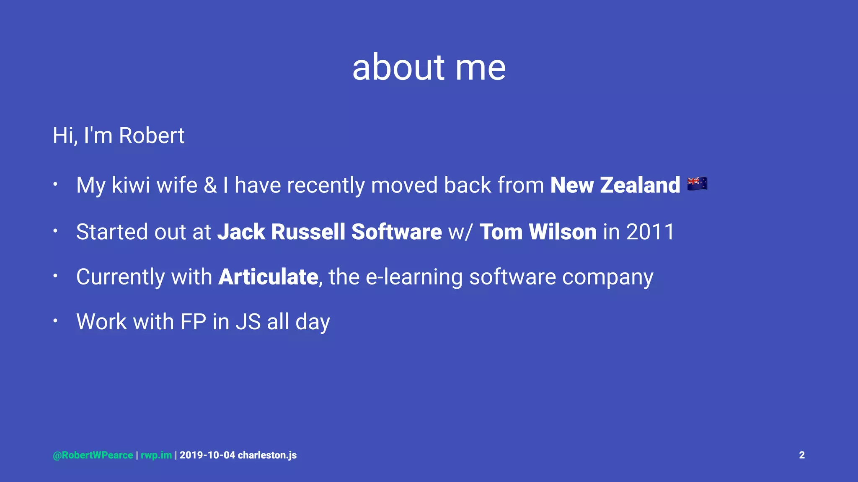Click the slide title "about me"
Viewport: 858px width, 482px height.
pos(429,68)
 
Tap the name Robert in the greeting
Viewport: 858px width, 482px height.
pos(151,136)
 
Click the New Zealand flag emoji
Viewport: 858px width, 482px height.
pos(697,184)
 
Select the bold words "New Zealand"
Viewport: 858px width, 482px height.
pos(615,185)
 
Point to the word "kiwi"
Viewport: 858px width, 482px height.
pos(131,185)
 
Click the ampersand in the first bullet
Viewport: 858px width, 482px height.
pos(210,185)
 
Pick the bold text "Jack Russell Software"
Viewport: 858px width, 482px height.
pos(329,232)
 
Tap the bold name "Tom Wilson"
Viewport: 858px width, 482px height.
pos(538,232)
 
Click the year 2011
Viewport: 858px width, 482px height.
pos(650,232)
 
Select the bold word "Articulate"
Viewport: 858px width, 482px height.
pos(268,277)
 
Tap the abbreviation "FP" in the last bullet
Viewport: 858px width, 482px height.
pos(193,322)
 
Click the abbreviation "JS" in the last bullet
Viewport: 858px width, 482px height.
pos(248,322)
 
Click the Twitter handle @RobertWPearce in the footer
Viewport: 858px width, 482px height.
pos(93,455)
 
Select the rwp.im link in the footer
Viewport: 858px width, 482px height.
pos(156,455)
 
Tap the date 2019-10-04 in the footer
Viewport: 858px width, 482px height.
pos(207,455)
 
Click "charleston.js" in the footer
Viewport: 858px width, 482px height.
pos(267,455)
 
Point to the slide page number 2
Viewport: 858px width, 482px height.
pos(801,455)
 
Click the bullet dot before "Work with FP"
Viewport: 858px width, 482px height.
pos(55,321)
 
